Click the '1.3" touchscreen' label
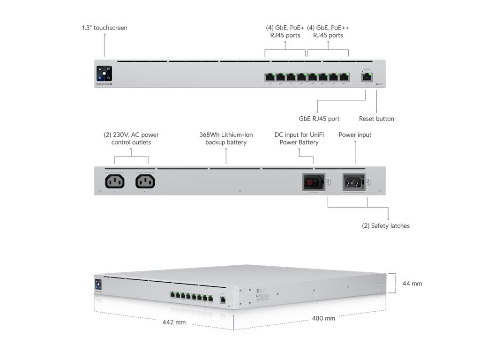[105, 28]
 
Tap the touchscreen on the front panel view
[104, 74]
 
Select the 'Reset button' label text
[376, 119]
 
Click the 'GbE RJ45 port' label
[319, 119]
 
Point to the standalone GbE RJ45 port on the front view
[366, 76]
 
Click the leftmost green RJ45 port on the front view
[270, 77]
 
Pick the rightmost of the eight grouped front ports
[345, 77]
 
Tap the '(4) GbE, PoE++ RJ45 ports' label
[328, 31]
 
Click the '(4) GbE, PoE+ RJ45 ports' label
[285, 31]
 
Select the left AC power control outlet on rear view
[115, 181]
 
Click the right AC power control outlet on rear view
[145, 181]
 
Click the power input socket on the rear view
[354, 181]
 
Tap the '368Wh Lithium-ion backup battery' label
[226, 138]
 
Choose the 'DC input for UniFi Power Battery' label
[299, 138]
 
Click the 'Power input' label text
[355, 135]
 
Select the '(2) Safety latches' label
[386, 226]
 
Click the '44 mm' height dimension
[412, 284]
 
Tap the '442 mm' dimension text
[174, 322]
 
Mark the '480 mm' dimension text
[323, 318]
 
